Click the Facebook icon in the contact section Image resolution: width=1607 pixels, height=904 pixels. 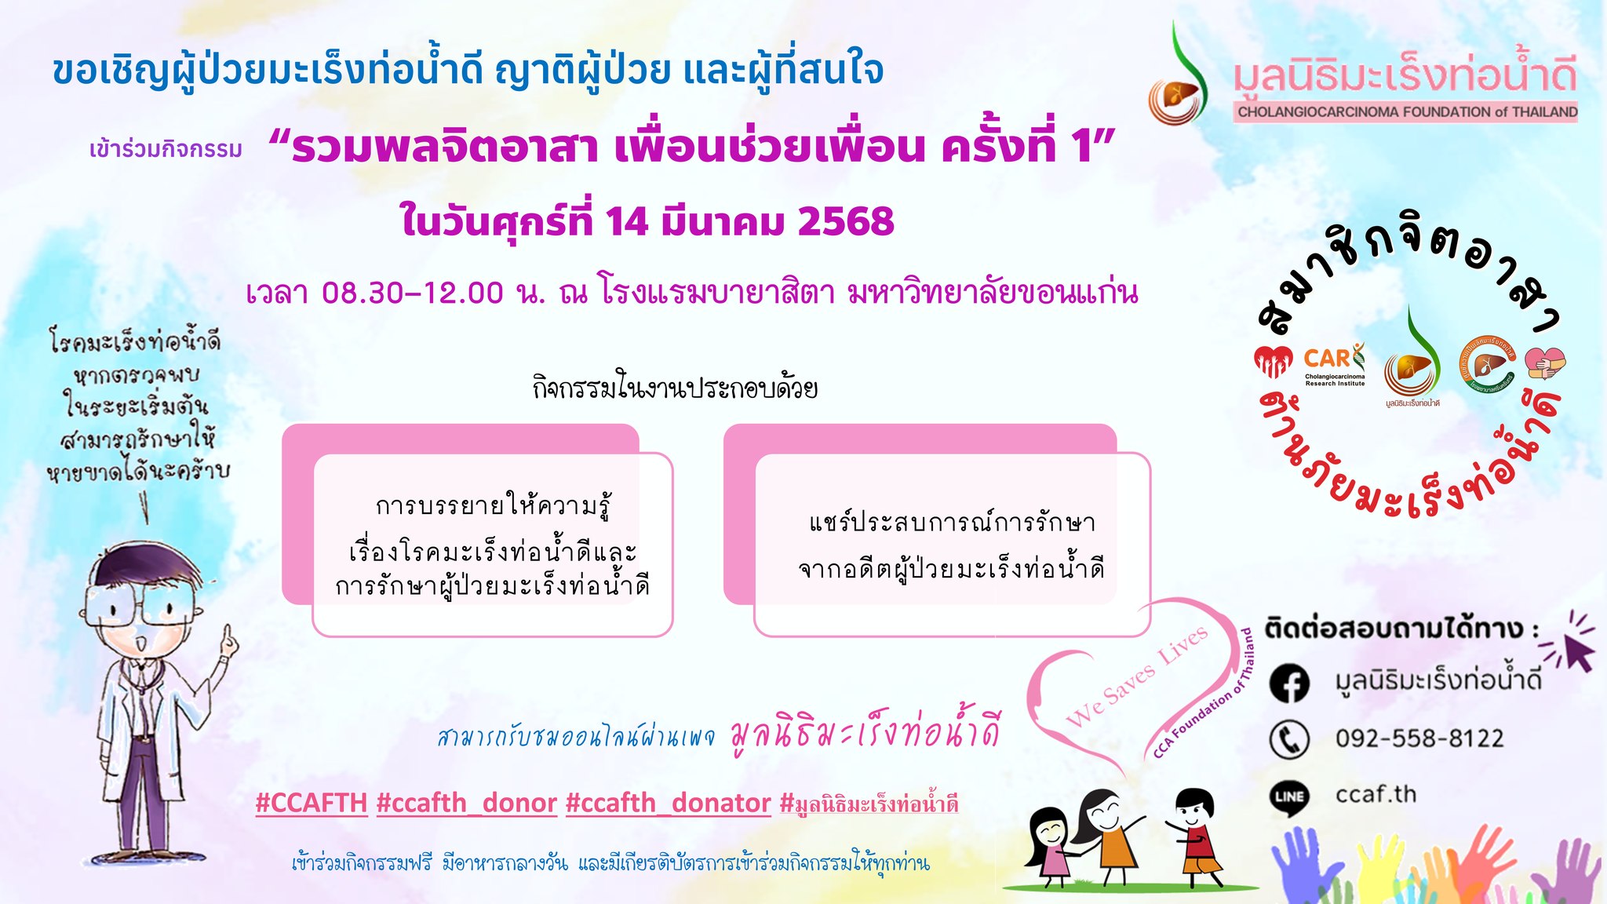[1289, 683]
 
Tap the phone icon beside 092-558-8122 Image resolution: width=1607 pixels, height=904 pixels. [1289, 739]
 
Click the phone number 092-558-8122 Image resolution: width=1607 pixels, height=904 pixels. [1419, 738]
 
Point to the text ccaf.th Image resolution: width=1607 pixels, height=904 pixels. [1376, 794]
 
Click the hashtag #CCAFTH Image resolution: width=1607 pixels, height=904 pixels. [312, 803]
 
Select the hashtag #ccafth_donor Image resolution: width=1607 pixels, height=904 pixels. [467, 803]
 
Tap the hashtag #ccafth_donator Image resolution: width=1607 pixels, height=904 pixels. [669, 803]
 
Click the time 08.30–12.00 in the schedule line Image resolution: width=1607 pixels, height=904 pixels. [412, 293]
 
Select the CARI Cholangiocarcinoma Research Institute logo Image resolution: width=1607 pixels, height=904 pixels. [1334, 364]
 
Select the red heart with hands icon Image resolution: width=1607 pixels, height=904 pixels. [1273, 363]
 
